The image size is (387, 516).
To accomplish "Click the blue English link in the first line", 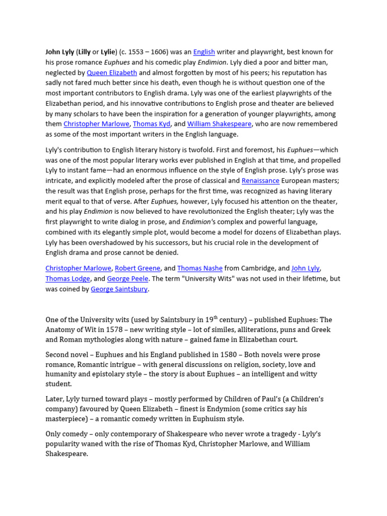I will [204, 52].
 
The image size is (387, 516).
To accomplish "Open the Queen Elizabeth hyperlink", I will [112, 73].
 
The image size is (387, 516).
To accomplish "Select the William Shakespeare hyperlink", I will [220, 124].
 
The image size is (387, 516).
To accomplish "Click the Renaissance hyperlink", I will [261, 180].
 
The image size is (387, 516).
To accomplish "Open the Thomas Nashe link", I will [200, 269].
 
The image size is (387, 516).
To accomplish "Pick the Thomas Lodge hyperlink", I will [68, 279].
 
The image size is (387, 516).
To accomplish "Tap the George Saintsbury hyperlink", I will [119, 289].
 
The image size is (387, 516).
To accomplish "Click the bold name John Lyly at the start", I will [60, 52].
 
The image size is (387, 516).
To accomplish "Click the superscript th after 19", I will [216, 317].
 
